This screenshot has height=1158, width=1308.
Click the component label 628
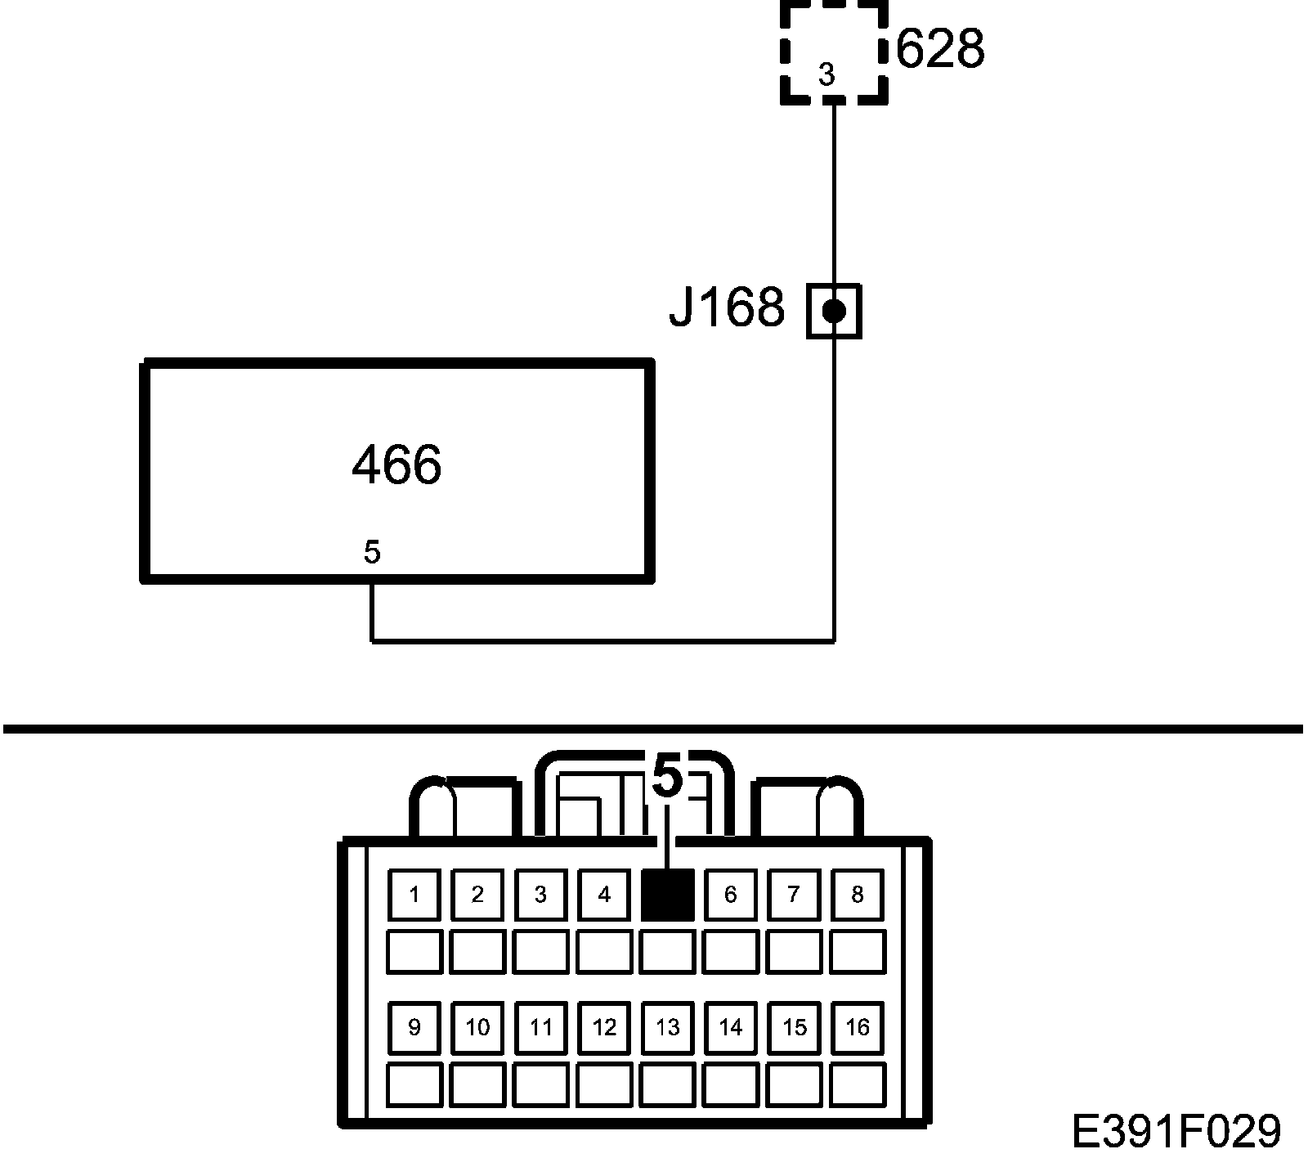[x=940, y=49]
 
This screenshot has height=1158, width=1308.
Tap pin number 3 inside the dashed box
[x=826, y=75]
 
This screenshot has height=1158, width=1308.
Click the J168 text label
[x=727, y=308]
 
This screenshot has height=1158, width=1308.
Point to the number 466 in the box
[x=396, y=465]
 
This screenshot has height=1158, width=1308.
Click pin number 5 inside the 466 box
[x=372, y=553]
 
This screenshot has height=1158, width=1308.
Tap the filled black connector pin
[x=668, y=895]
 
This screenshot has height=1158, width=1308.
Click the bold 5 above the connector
[x=667, y=777]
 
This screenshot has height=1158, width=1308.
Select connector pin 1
[x=414, y=895]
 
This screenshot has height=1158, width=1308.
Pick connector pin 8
[x=858, y=895]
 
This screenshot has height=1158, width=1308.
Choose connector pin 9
[x=414, y=1027]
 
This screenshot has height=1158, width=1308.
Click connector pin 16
[x=858, y=1027]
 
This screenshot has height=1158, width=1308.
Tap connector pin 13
[x=668, y=1027]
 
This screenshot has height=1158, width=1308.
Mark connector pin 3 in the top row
[x=540, y=895]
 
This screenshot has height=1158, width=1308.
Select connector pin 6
[x=731, y=895]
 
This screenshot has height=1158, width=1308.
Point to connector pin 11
[x=541, y=1027]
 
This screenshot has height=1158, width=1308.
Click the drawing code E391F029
[x=1176, y=1133]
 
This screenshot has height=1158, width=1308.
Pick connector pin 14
[x=731, y=1027]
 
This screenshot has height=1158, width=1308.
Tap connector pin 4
[x=604, y=895]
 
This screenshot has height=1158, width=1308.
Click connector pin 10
[x=477, y=1027]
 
